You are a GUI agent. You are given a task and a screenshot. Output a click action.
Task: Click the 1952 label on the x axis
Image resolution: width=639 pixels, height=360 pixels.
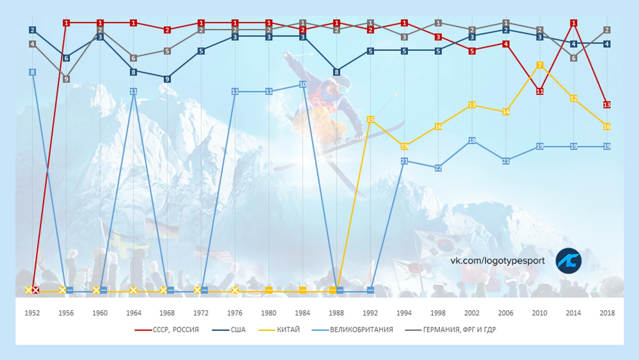click(32, 313)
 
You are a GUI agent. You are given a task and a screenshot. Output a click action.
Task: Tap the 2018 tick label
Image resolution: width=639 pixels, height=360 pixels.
click(607, 313)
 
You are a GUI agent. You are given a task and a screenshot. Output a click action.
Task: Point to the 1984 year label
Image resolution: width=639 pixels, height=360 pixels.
click(302, 313)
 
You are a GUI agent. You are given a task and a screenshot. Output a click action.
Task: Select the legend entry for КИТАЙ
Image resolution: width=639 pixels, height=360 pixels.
click(288, 329)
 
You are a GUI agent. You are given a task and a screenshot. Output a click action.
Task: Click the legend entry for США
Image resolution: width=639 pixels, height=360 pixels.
click(238, 329)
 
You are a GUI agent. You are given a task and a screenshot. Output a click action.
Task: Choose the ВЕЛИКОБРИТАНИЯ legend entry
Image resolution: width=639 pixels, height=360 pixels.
click(361, 329)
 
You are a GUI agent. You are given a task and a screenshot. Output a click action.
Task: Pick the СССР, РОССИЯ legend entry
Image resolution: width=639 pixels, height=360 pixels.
click(176, 329)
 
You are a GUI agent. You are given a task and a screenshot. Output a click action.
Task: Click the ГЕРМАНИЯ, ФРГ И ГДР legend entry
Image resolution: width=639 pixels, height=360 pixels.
click(459, 329)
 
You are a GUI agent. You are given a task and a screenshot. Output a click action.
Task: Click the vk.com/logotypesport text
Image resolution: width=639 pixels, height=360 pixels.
click(497, 261)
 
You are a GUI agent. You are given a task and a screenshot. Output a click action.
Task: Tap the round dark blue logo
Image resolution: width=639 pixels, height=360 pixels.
click(569, 261)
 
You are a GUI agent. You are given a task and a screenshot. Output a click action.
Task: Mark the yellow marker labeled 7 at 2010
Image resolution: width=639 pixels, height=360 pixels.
click(540, 65)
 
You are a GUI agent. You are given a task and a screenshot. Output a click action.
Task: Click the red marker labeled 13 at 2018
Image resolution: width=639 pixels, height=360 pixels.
click(607, 105)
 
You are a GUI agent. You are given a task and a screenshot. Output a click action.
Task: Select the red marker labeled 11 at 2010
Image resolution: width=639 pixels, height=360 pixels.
click(540, 91)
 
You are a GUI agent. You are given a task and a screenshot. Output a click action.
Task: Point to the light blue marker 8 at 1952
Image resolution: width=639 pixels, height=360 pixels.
click(32, 72)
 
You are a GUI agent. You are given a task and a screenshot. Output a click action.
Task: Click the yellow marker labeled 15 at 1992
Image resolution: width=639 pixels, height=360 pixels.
click(370, 119)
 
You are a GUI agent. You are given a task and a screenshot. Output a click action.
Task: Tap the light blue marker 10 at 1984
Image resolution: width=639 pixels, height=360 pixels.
click(302, 84)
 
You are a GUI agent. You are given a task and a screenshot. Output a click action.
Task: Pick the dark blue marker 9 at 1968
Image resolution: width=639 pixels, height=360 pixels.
click(167, 79)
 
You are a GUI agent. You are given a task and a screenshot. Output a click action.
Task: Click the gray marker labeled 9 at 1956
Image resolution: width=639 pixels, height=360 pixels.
click(66, 79)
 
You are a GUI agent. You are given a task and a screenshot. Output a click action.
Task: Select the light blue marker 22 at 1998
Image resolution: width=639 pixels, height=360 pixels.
click(438, 168)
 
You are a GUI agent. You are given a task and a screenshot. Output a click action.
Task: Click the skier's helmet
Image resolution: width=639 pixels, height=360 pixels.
click(341, 81)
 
